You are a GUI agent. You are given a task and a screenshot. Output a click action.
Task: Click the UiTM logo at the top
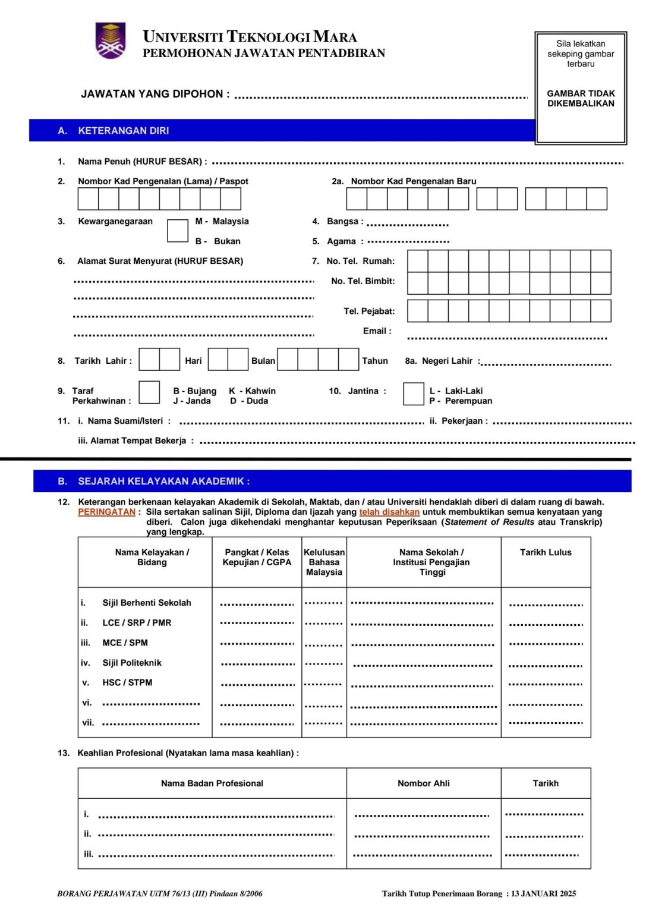click(x=111, y=40)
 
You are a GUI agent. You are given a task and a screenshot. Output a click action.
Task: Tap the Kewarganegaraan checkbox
click(x=177, y=231)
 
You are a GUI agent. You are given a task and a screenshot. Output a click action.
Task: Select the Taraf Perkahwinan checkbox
click(x=149, y=393)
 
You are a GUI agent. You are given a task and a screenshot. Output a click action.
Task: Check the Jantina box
click(x=413, y=394)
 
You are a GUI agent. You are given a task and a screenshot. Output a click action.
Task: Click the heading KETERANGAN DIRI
click(x=124, y=131)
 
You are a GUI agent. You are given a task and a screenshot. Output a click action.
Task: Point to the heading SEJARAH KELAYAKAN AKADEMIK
click(x=163, y=481)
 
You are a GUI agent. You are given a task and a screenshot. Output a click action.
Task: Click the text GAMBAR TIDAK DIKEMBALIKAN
click(x=581, y=99)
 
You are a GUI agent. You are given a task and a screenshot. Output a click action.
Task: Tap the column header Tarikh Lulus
click(x=546, y=553)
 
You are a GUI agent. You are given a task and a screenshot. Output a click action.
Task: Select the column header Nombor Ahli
click(x=423, y=783)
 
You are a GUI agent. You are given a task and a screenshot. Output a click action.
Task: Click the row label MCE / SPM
click(x=125, y=643)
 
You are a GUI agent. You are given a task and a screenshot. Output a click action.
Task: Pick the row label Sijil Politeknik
click(x=132, y=663)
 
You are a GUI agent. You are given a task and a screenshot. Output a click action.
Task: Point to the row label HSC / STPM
click(x=127, y=682)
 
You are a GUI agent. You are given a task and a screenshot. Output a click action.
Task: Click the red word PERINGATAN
click(x=107, y=512)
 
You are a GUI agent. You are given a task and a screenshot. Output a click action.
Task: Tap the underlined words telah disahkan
click(x=389, y=512)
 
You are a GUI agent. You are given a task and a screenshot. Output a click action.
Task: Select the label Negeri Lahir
click(x=447, y=361)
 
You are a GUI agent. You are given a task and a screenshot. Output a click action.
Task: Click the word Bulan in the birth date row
click(x=263, y=361)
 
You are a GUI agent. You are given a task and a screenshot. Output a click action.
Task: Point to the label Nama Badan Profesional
click(x=212, y=783)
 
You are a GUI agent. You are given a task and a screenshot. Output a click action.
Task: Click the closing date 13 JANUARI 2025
click(x=544, y=893)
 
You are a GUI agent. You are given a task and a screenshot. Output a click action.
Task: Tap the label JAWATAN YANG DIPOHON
click(x=155, y=94)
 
